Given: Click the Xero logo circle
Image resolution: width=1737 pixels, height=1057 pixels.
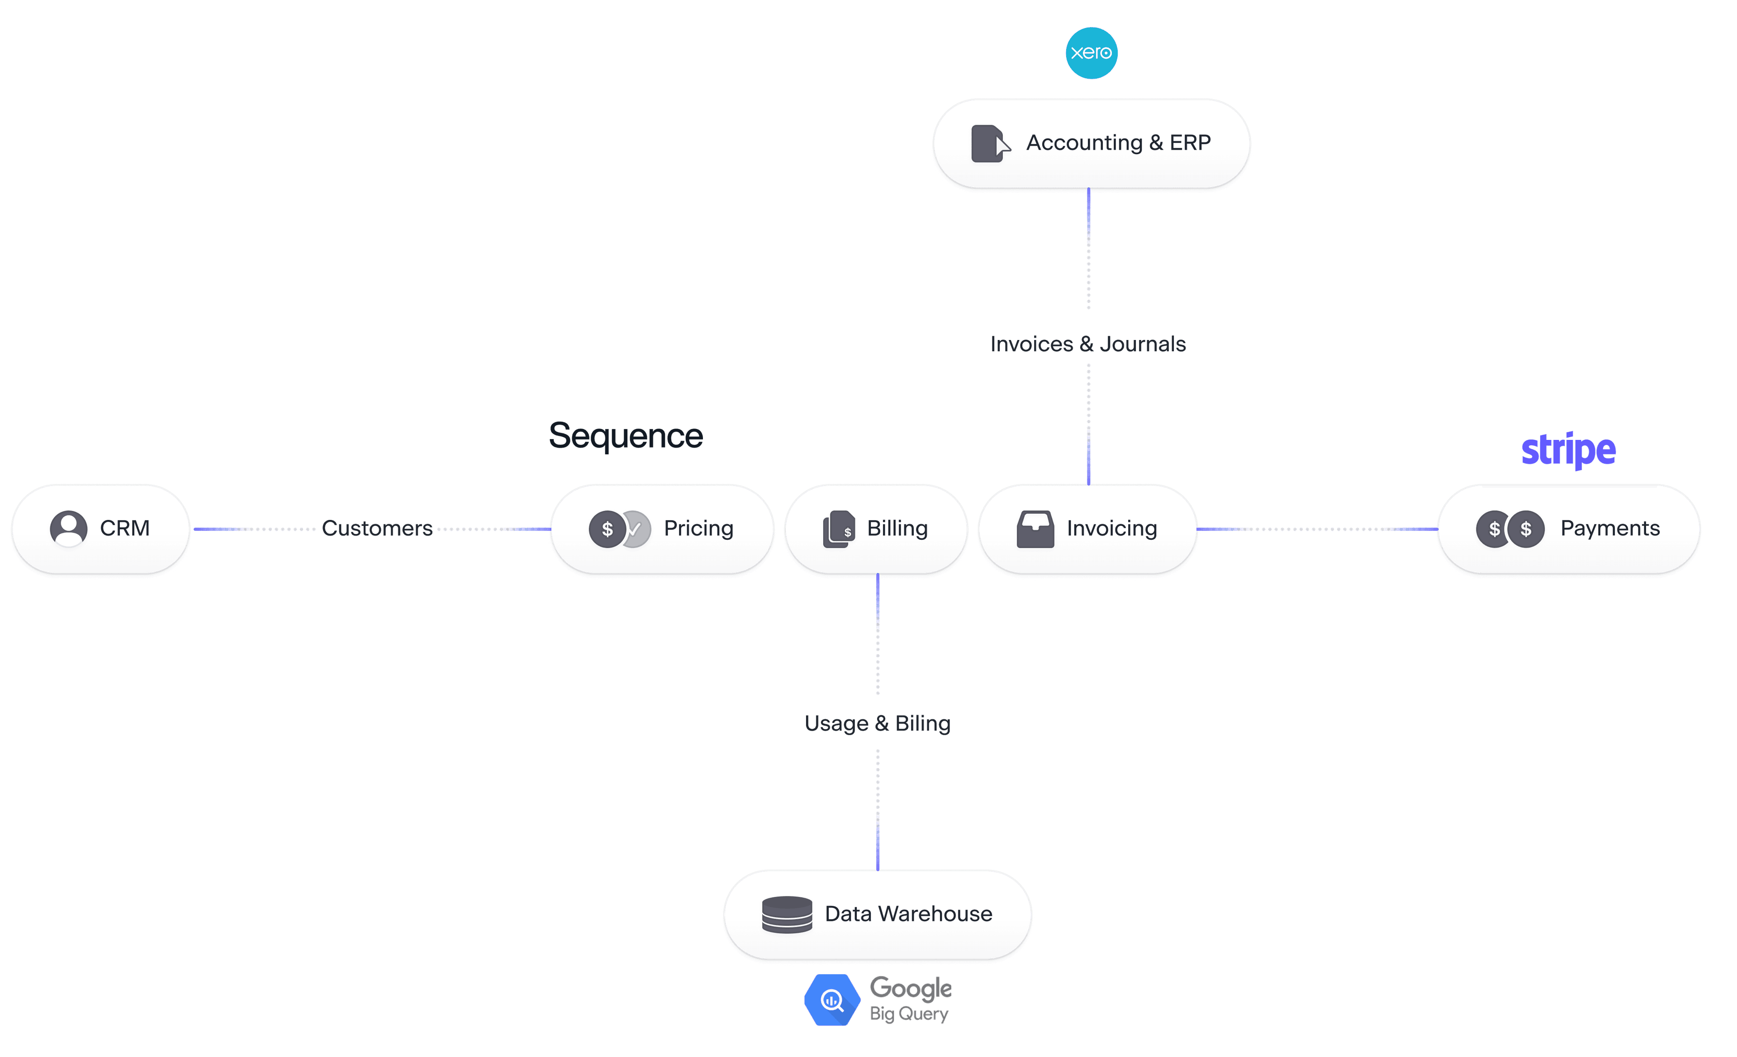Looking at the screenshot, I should click(1091, 53).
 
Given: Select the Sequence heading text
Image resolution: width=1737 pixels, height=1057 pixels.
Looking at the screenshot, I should click(625, 435).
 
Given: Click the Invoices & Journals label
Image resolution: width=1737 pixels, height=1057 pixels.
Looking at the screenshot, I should click(1088, 344).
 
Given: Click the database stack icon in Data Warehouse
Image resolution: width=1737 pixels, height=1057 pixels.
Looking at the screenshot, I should click(787, 915).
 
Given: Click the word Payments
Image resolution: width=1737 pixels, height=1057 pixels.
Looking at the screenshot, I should click(1609, 528).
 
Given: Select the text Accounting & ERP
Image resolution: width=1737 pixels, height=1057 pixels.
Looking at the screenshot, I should click(1118, 143).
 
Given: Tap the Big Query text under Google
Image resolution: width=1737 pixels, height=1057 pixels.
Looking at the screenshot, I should click(909, 1014).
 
